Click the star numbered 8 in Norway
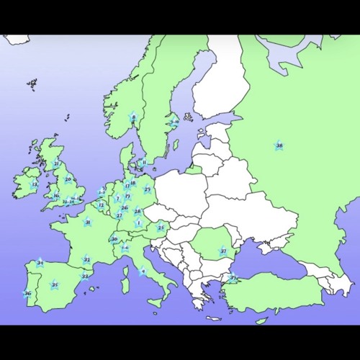click(133, 117)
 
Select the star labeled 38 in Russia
click(279, 145)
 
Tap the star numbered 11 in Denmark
click(143, 162)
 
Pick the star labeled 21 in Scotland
click(57, 163)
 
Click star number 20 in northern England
click(68, 179)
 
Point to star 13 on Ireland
click(35, 184)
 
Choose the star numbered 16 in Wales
click(56, 195)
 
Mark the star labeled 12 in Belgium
click(101, 205)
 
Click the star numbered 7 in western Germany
click(117, 198)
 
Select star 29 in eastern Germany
click(147, 189)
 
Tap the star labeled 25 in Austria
click(161, 228)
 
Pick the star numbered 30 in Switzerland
click(114, 239)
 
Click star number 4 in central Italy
click(143, 271)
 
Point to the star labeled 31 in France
click(87, 222)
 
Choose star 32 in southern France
click(86, 259)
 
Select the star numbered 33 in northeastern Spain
click(85, 275)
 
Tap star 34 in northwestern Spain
click(40, 263)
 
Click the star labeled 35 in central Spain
click(55, 285)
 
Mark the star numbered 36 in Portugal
click(27, 293)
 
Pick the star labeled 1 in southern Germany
click(138, 222)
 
